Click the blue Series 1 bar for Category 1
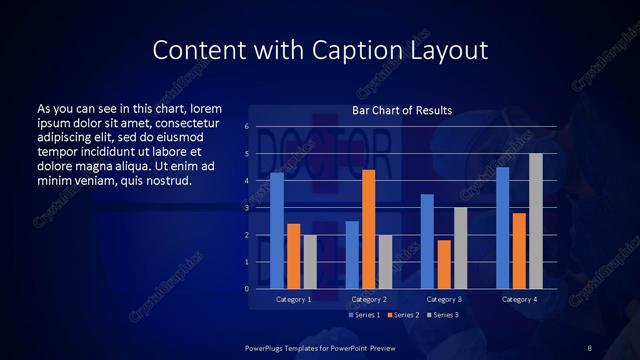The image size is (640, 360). point(277,231)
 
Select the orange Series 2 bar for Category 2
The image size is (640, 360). point(368,229)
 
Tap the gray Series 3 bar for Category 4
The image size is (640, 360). point(536,221)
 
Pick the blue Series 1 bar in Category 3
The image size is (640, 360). point(427,241)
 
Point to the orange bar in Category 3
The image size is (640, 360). point(443,264)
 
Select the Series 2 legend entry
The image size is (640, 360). point(402,315)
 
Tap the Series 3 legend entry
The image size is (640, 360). point(441,315)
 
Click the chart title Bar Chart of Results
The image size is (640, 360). point(402,110)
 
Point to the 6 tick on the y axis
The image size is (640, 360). point(247,127)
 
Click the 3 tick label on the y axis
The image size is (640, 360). point(247,208)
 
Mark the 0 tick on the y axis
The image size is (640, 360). point(247,289)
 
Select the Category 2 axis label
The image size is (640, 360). point(369,299)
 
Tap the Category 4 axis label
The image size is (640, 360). point(519,299)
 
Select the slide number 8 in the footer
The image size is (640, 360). point(590,346)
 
